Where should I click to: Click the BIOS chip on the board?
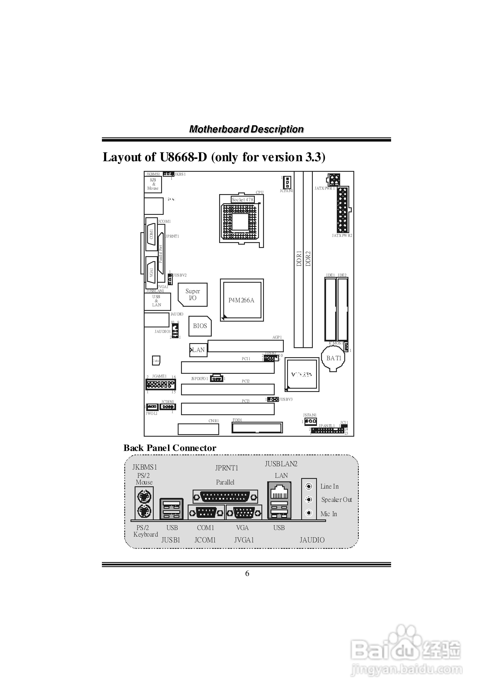pos(200,326)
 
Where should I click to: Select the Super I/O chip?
pos(193,294)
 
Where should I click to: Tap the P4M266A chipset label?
pos(241,300)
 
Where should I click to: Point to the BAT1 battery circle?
pos(333,358)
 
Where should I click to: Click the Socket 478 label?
pos(242,199)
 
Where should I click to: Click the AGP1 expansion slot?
pos(245,346)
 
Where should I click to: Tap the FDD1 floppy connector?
pos(257,428)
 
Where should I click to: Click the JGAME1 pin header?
pos(161,385)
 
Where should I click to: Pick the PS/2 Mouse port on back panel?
pos(144,497)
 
